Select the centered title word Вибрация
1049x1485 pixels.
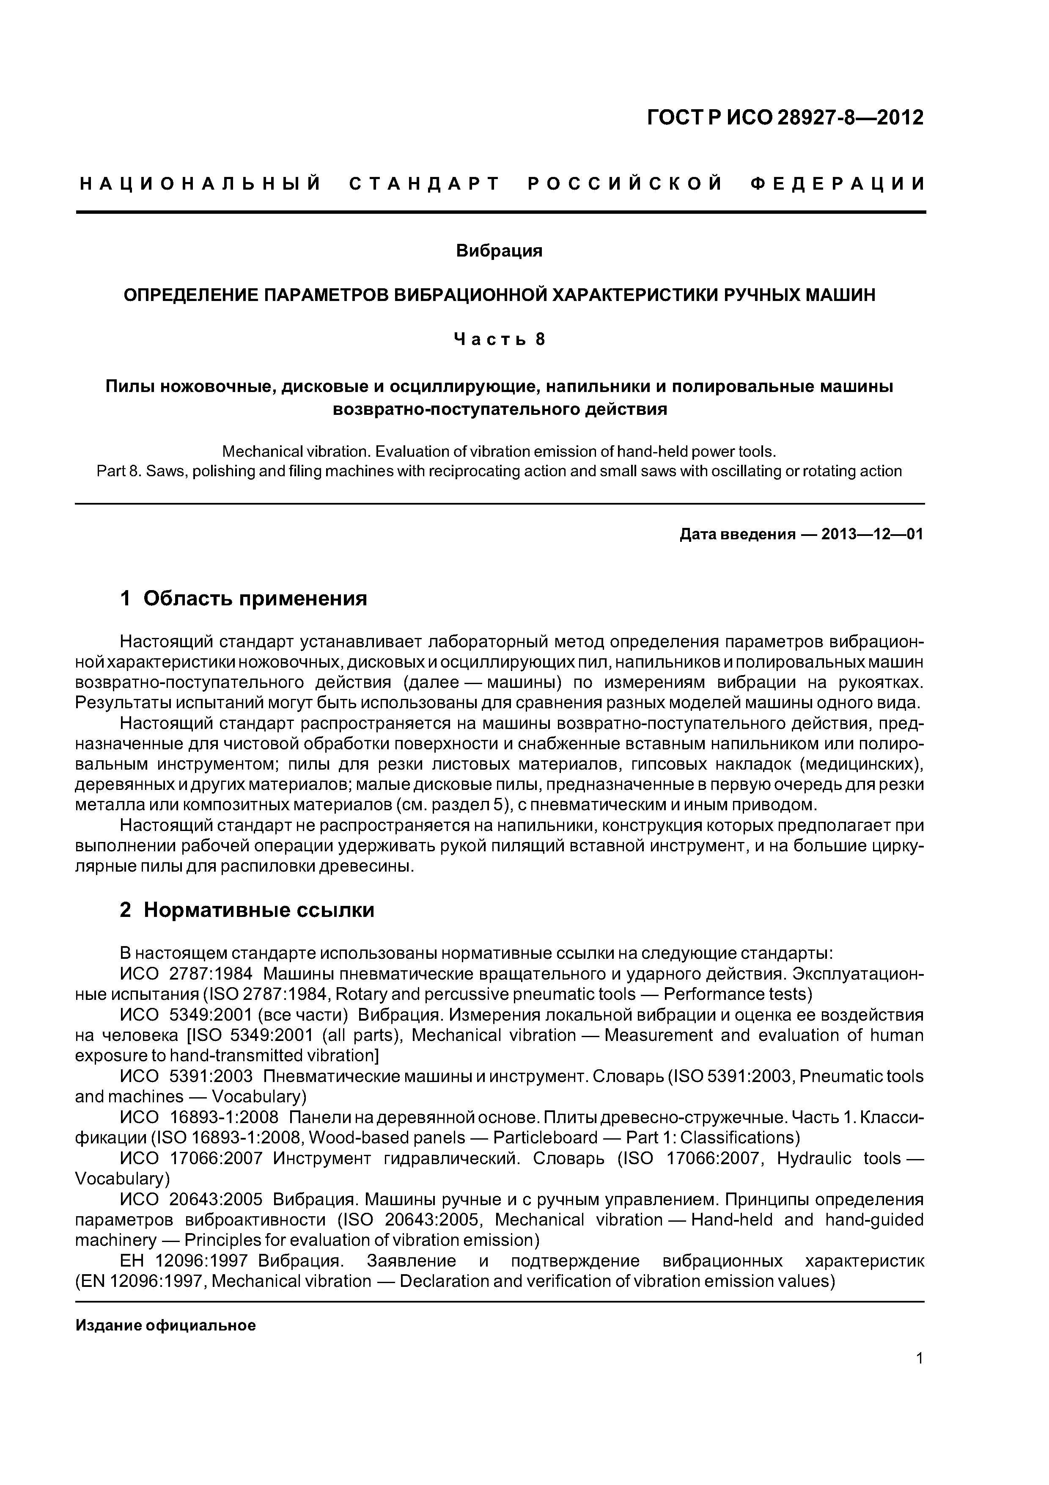499,251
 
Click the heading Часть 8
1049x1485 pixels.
499,339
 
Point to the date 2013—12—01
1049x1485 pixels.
872,534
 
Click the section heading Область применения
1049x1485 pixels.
255,598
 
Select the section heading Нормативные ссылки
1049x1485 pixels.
258,910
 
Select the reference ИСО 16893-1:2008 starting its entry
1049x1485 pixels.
199,1118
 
